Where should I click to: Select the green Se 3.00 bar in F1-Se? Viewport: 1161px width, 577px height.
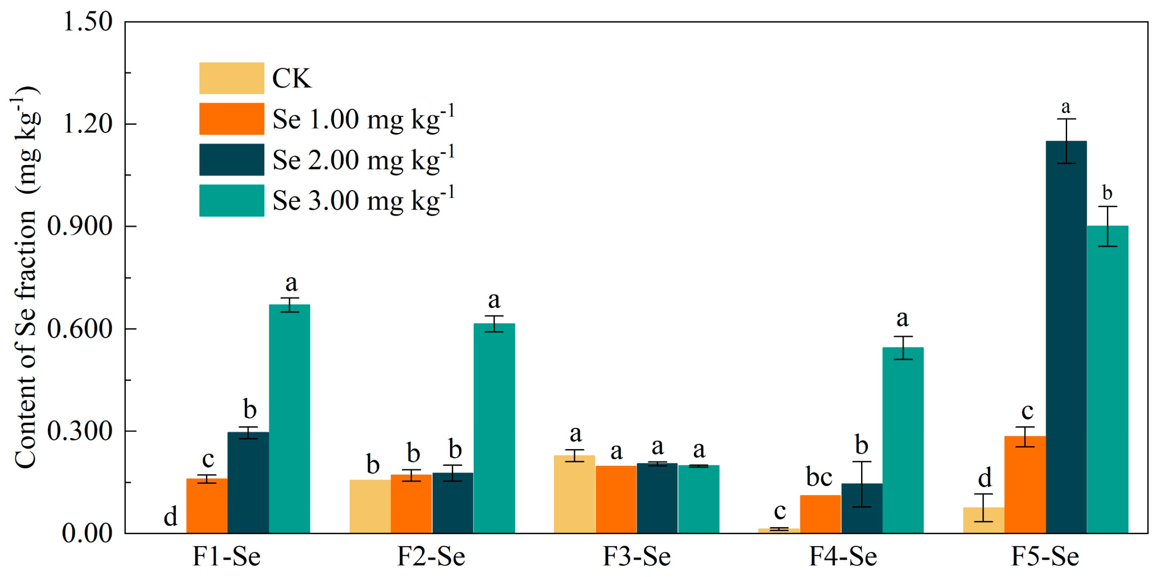[289, 419]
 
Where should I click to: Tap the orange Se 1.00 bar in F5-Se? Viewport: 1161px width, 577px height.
[1025, 485]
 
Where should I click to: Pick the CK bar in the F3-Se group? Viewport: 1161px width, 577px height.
[574, 494]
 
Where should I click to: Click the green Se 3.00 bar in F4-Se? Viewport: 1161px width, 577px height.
[903, 441]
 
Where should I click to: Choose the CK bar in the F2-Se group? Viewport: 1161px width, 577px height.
[370, 506]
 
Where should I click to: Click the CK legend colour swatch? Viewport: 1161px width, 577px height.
[232, 78]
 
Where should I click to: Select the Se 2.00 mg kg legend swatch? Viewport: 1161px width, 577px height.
[232, 159]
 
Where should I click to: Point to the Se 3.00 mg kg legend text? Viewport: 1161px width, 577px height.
[363, 200]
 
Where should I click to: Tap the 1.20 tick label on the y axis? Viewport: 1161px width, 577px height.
[87, 123]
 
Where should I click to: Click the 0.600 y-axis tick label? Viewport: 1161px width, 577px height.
[80, 329]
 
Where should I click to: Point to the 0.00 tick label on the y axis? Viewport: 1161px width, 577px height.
[86, 533]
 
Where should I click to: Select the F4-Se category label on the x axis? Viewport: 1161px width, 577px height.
[843, 556]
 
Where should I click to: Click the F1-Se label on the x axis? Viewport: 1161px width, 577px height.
[226, 556]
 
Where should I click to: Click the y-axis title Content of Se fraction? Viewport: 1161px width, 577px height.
[26, 277]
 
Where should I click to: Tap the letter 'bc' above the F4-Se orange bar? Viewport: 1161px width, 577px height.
[819, 478]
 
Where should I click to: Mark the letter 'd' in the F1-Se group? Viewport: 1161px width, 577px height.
[170, 517]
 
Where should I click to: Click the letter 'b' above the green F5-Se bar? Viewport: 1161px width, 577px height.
[1107, 193]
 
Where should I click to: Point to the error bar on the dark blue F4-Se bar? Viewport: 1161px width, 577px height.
[862, 484]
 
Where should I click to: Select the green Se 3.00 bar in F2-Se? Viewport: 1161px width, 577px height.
[494, 428]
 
